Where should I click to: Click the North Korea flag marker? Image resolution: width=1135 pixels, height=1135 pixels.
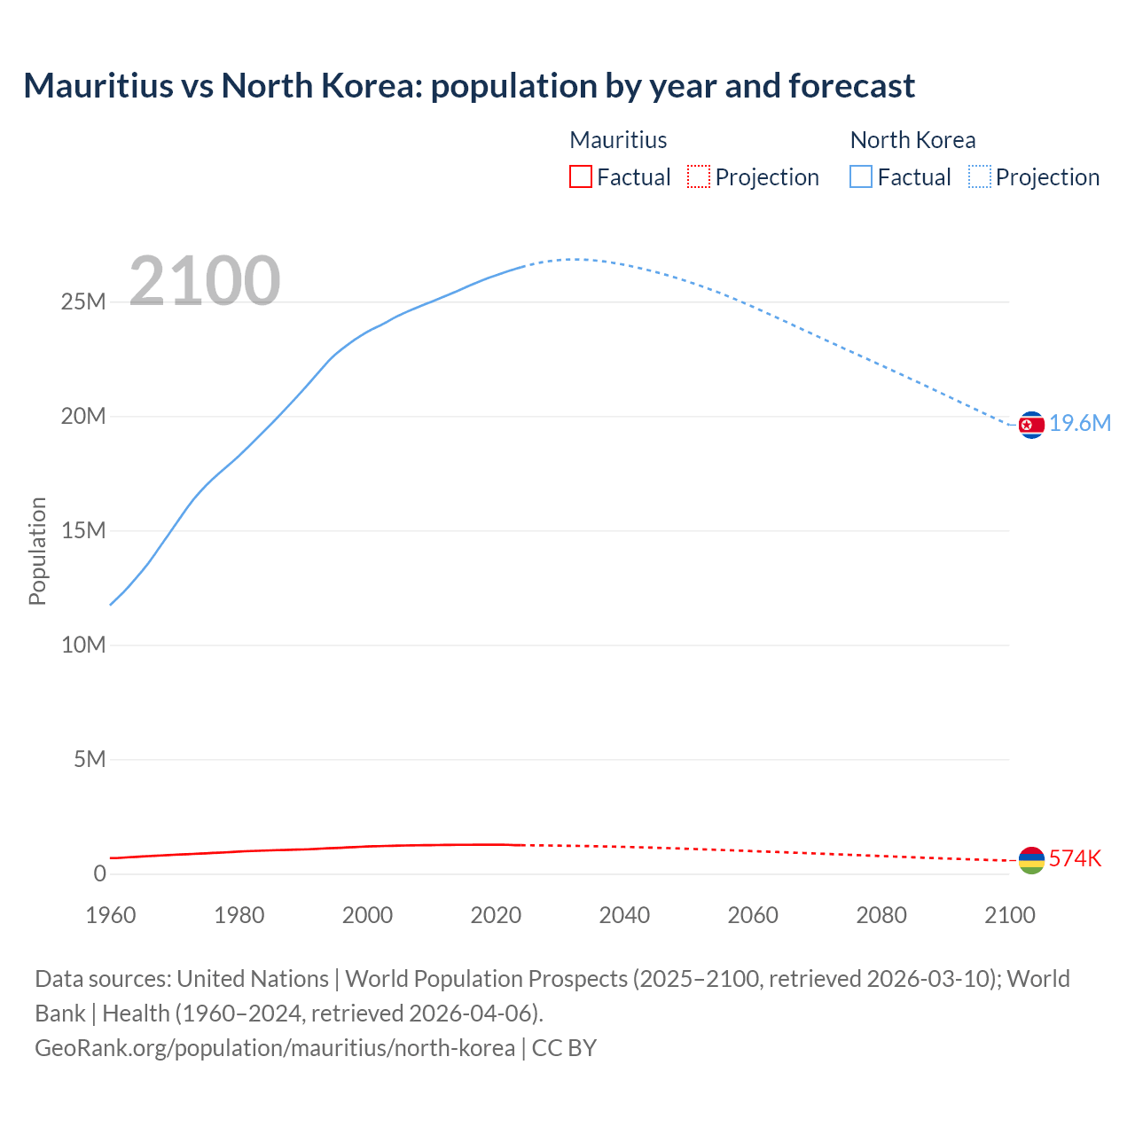point(1031,426)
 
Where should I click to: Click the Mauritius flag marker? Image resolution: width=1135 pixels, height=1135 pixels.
point(1031,860)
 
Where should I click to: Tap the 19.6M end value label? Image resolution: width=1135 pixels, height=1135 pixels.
point(1080,424)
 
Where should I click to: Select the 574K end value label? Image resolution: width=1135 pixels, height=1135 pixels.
point(1075,858)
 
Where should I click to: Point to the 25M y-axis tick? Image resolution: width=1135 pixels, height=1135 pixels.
point(83,302)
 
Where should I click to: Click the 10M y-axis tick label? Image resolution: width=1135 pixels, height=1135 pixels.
point(83,646)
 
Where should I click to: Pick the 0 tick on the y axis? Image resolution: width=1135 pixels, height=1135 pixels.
point(99,874)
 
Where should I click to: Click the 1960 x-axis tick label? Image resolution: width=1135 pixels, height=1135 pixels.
point(111,915)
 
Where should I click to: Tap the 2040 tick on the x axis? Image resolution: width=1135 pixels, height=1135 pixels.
point(624,915)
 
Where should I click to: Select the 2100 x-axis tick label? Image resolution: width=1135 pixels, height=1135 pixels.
point(1009,915)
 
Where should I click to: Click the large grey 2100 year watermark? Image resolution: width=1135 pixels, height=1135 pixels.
point(205,281)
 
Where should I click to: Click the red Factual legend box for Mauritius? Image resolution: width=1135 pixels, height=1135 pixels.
point(581,177)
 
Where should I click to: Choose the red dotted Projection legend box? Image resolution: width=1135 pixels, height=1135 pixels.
point(699,177)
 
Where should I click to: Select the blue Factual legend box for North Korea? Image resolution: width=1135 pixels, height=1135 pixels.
point(861,177)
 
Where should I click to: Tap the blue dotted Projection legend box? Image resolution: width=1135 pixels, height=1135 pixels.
point(980,177)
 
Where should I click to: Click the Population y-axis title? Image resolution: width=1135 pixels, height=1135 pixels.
point(37,551)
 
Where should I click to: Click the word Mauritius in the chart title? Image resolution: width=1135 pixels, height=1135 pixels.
point(98,86)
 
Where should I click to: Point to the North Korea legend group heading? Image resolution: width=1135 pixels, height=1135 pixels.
point(912,140)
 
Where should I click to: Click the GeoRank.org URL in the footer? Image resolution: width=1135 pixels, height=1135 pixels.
point(275,1048)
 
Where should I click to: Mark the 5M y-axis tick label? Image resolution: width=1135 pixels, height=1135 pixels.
point(90,760)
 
